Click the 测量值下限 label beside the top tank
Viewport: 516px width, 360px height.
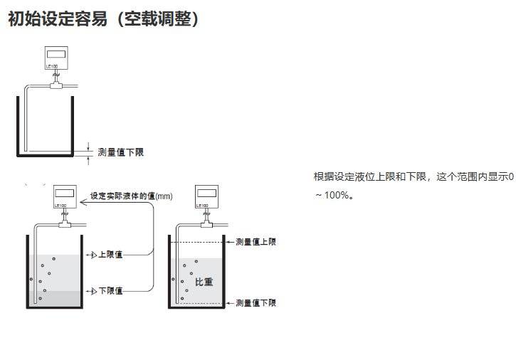(x=120, y=152)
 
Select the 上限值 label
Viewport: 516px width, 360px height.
(x=110, y=255)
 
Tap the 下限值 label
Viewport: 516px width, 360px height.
(x=110, y=290)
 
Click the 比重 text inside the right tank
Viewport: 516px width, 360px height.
(x=204, y=281)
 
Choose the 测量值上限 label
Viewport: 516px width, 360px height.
(x=256, y=242)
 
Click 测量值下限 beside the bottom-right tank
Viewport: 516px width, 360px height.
(x=256, y=303)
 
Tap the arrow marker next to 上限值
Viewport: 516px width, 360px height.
(x=91, y=255)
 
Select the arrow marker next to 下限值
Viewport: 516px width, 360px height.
(x=91, y=290)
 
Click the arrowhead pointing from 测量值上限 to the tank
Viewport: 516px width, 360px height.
(x=228, y=242)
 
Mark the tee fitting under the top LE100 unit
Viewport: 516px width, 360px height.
(x=55, y=85)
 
